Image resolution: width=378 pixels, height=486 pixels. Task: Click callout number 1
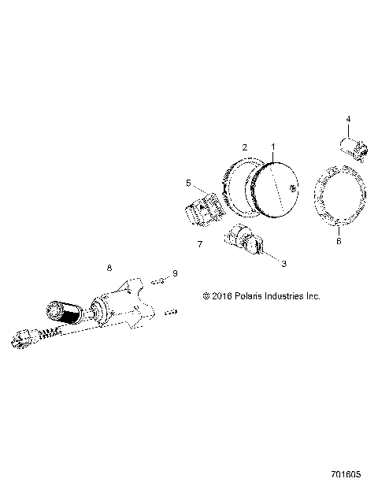[273, 147]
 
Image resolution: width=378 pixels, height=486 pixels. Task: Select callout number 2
[245, 147]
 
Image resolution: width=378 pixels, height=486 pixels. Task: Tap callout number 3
[283, 263]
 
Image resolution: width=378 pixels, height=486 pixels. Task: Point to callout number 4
[348, 119]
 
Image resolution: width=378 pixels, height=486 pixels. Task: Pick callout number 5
[188, 184]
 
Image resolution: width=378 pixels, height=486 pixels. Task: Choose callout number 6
[339, 240]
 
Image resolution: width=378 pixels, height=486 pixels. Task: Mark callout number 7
[200, 244]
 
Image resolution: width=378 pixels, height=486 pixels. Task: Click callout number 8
[109, 268]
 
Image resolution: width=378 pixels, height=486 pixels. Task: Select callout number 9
[175, 273]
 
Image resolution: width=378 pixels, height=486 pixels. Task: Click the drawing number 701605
[346, 474]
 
